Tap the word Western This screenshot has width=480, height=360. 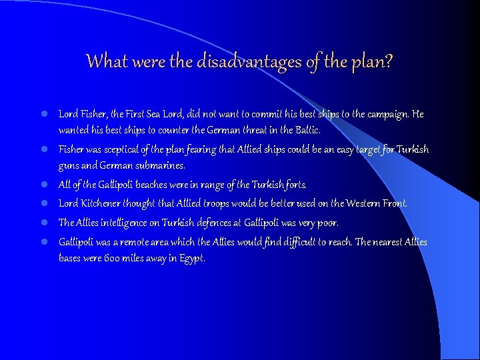point(360,203)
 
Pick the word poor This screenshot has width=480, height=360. point(328,223)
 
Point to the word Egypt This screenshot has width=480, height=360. point(191,259)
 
